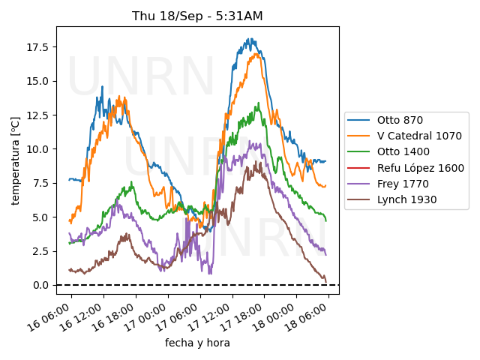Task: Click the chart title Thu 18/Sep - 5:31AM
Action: pyautogui.click(x=197, y=16)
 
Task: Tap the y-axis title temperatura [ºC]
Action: pyautogui.click(x=15, y=160)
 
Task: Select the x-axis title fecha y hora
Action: pyautogui.click(x=197, y=343)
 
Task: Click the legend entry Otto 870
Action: pyautogui.click(x=399, y=120)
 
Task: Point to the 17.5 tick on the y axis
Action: pyautogui.click(x=38, y=47)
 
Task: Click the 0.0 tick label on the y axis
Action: pyautogui.click(x=41, y=285)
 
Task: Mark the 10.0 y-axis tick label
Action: pyautogui.click(x=38, y=149)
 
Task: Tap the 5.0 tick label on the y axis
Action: pyautogui.click(x=41, y=217)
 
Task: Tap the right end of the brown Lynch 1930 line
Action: pyautogui.click(x=326, y=281)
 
